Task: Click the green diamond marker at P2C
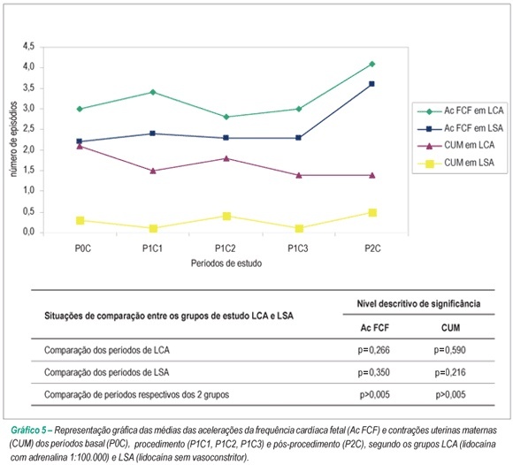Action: pyautogui.click(x=372, y=65)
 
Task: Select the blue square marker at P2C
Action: pyautogui.click(x=372, y=84)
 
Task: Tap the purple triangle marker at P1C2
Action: pyautogui.click(x=226, y=158)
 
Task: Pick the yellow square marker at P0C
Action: pyautogui.click(x=80, y=220)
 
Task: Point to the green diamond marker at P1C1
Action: pyautogui.click(x=153, y=92)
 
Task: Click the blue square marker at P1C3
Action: pyautogui.click(x=298, y=138)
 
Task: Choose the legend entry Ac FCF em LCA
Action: pyautogui.click(x=461, y=111)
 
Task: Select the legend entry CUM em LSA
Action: pyautogui.click(x=456, y=163)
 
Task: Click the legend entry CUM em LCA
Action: pyautogui.click(x=456, y=145)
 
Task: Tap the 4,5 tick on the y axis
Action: pyautogui.click(x=28, y=47)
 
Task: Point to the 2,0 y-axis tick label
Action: pyautogui.click(x=28, y=150)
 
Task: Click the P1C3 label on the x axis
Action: pyautogui.click(x=298, y=248)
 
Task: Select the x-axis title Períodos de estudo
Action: pyautogui.click(x=226, y=263)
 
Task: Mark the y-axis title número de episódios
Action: pyautogui.click(x=14, y=139)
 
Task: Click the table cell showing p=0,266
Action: pyautogui.click(x=374, y=350)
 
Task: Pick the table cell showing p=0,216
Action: pyautogui.click(x=450, y=372)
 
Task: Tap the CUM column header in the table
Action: pyautogui.click(x=450, y=328)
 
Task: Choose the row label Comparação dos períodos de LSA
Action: pyautogui.click(x=107, y=372)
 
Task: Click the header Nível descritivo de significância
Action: pyautogui.click(x=418, y=304)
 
